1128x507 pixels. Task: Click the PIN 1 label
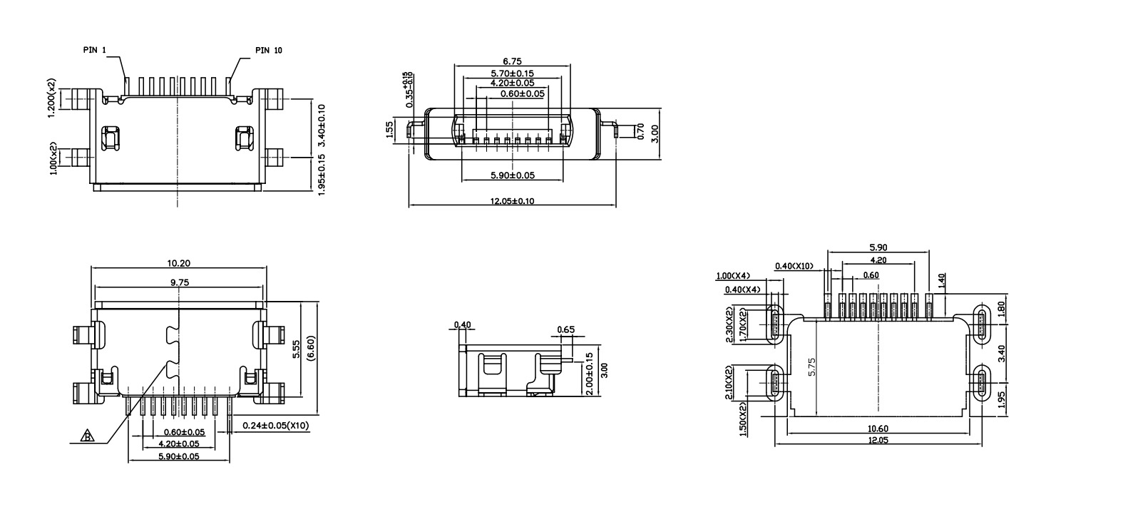tap(94, 50)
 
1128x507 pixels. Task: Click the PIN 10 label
tap(268, 50)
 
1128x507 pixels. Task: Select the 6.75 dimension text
tap(512, 62)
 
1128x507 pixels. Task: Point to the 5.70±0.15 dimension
tap(512, 73)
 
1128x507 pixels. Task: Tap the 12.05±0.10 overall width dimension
tap(511, 201)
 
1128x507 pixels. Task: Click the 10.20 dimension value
tap(178, 263)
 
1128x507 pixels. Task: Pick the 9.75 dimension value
tap(178, 282)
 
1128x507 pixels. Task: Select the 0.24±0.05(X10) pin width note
tap(275, 426)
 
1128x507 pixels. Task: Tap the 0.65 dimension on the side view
tap(565, 329)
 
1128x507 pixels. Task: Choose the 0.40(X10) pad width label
tap(794, 267)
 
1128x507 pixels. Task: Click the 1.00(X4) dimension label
tap(732, 276)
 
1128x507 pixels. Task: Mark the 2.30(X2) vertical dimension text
tap(729, 325)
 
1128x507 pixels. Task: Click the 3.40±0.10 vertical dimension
tap(322, 126)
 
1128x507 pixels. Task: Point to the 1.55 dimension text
tap(389, 130)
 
